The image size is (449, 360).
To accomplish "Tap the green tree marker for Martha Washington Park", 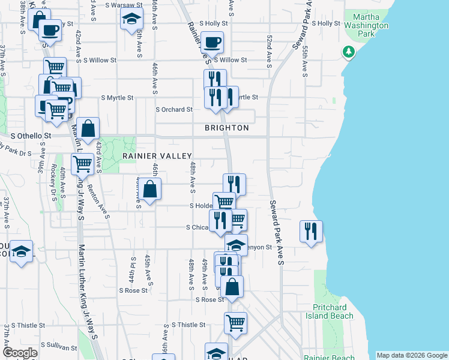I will click(348, 52).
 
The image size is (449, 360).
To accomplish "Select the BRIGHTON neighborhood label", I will click(226, 128).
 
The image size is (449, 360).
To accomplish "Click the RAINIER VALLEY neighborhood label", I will click(157, 155).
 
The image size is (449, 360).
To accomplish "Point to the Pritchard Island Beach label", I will click(329, 311).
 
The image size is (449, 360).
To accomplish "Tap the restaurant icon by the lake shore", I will click(311, 230).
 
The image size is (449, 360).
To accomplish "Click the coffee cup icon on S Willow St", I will click(212, 43).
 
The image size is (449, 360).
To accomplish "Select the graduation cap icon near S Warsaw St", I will click(131, 20).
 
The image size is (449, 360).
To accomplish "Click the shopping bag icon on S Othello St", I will click(88, 129).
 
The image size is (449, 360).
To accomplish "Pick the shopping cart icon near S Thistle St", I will click(236, 322).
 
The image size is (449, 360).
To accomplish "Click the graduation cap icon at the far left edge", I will click(21, 251).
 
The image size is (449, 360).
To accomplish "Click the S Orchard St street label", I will click(174, 110).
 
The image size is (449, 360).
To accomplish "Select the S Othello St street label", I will click(29, 136).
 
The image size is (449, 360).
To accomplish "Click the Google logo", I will click(20, 353).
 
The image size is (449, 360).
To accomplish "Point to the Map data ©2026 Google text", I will click(412, 355).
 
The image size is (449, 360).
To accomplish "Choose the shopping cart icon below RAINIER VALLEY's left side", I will click(82, 163).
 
